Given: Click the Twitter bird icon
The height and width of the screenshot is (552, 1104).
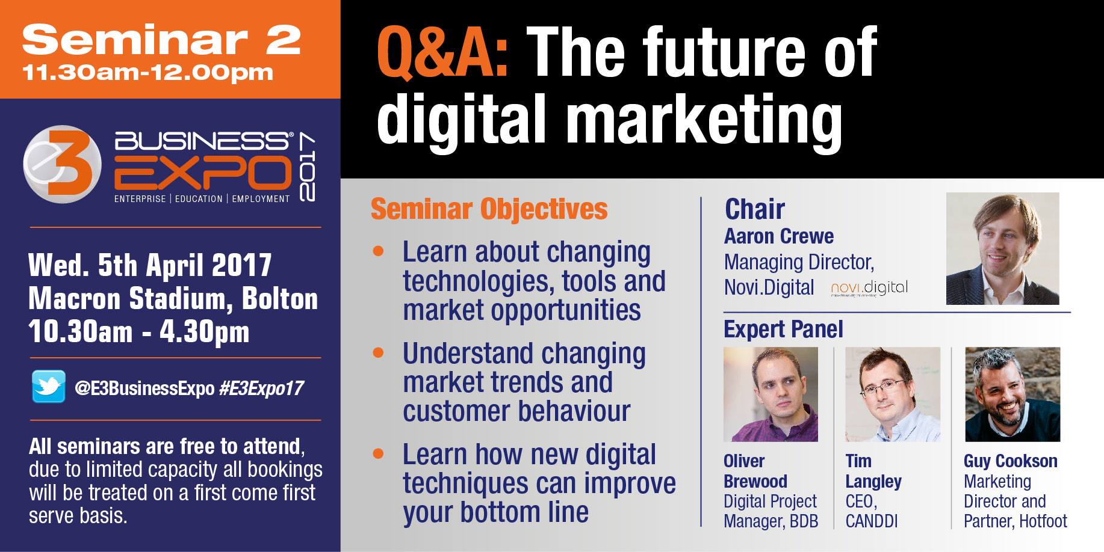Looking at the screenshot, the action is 49,387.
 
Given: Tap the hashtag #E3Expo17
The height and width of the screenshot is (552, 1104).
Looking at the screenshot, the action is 261,388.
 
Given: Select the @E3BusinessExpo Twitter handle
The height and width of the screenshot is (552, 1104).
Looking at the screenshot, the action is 144,388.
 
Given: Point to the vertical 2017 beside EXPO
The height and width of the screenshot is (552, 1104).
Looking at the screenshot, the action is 307,168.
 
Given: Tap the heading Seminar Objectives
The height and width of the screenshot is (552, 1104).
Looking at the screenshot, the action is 489,209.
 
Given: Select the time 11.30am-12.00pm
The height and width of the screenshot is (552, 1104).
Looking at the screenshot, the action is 147,73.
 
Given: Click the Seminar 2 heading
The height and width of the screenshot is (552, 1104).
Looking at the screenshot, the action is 161,40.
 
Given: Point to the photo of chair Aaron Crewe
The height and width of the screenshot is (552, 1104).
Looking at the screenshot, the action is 1002,248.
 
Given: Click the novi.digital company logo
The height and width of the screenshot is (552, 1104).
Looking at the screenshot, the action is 869,289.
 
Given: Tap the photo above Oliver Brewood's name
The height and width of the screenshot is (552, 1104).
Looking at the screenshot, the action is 771,394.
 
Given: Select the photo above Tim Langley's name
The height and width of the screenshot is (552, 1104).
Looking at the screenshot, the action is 893,394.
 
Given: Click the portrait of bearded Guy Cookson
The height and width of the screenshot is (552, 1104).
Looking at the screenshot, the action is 1013,394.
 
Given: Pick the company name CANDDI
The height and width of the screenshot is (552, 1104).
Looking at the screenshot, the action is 871,521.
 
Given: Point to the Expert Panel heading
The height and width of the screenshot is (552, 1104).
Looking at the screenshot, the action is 783,330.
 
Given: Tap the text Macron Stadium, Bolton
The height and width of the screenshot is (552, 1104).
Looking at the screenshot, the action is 173,299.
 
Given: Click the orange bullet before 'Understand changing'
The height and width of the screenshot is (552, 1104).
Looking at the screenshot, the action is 378,352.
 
